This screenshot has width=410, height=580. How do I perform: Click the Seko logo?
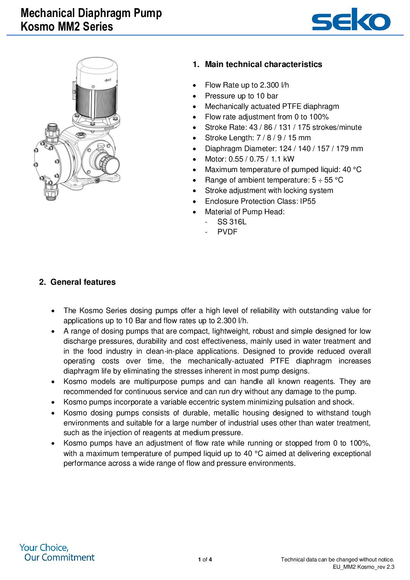351,20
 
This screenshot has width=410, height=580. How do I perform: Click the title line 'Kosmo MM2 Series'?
67,27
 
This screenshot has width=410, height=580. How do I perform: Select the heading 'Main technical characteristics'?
263,64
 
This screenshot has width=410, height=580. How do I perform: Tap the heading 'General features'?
83,282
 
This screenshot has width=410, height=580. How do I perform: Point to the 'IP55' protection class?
308,201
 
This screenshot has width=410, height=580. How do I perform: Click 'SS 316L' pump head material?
232,222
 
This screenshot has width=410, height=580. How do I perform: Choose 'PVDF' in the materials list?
227,232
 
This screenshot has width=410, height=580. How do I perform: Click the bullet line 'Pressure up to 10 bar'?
241,96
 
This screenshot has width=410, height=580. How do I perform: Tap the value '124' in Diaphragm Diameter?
285,148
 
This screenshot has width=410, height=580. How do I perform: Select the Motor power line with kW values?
249,159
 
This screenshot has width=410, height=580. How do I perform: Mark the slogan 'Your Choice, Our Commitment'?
57,552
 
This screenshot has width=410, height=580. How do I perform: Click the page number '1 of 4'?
205,559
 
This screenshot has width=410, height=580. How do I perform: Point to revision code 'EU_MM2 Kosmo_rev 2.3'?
363,567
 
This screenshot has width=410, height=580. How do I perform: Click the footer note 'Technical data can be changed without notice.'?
337,559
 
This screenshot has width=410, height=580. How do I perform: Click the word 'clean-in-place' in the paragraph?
169,351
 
